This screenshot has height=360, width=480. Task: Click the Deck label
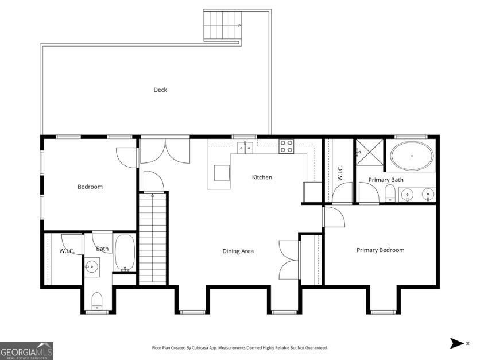click(160, 90)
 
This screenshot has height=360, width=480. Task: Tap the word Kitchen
click(262, 177)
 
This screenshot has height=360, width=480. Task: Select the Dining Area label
click(238, 251)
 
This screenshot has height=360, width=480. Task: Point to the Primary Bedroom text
click(380, 250)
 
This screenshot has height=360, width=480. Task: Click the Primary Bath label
click(386, 180)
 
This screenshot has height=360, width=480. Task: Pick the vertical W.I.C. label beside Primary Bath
click(340, 173)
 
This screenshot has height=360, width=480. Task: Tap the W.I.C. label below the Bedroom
click(67, 251)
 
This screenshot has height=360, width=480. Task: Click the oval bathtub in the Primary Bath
click(412, 156)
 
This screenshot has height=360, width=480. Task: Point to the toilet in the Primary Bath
click(389, 193)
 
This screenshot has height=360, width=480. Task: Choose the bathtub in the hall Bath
click(125, 253)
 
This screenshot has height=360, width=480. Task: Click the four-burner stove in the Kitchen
click(287, 146)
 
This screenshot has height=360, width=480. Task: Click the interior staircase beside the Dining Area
click(153, 238)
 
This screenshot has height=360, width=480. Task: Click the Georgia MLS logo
click(26, 351)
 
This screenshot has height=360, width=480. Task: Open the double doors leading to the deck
click(165, 151)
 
